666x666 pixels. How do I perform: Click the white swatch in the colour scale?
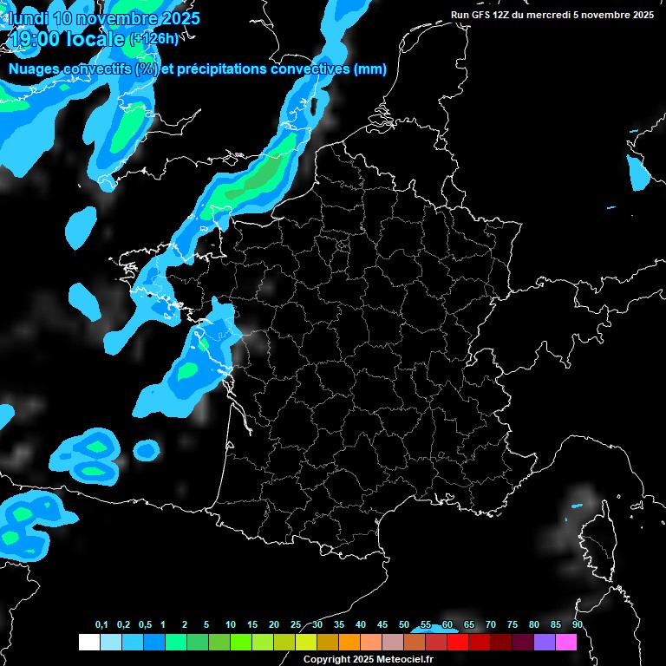click(x=88, y=642)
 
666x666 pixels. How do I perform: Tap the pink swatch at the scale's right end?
click(x=566, y=642)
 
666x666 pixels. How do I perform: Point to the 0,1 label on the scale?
click(x=101, y=625)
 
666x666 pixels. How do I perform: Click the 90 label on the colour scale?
click(x=577, y=625)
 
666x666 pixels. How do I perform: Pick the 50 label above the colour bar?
click(x=404, y=625)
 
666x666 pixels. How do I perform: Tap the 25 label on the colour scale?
click(x=296, y=625)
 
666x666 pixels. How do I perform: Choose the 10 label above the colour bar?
click(x=231, y=625)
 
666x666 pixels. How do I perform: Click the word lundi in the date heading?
click(x=26, y=18)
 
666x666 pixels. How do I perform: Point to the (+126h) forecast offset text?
click(x=156, y=39)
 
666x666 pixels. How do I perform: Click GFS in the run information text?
click(x=482, y=15)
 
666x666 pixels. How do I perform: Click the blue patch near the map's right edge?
click(x=638, y=173)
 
